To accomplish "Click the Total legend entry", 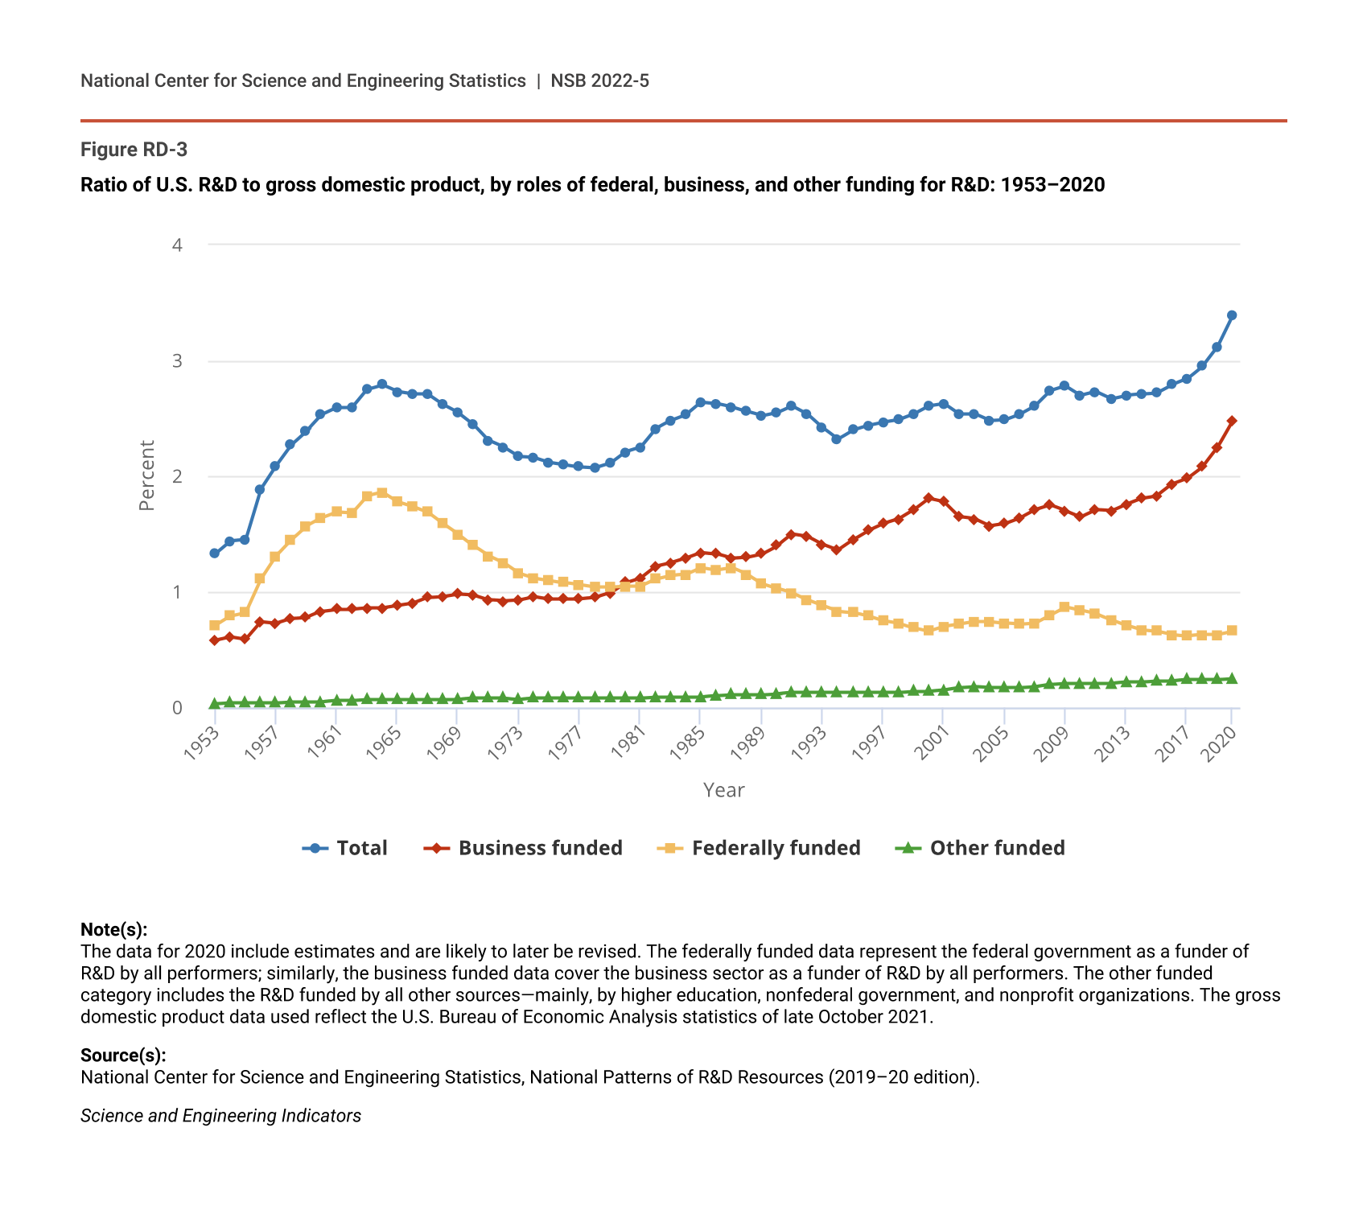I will coord(346,848).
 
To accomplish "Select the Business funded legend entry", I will coord(524,848).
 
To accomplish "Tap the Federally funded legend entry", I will coord(760,848).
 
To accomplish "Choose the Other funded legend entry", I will coord(981,848).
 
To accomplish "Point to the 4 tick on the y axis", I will coord(178,245).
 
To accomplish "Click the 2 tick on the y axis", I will coord(178,476).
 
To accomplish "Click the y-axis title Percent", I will coord(146,475).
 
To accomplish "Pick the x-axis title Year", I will coord(723,790).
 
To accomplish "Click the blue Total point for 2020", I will coord(1232,315).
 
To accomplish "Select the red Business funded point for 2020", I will coord(1232,421).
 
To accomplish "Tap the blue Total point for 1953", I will coord(215,554).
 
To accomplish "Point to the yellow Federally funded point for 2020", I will coord(1232,631).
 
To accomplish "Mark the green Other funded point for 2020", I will coord(1232,679).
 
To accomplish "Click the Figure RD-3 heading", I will coord(134,150).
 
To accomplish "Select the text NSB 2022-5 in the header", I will coord(599,80).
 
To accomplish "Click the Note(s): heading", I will coord(114,930).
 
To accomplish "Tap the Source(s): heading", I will coord(123,1056).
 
